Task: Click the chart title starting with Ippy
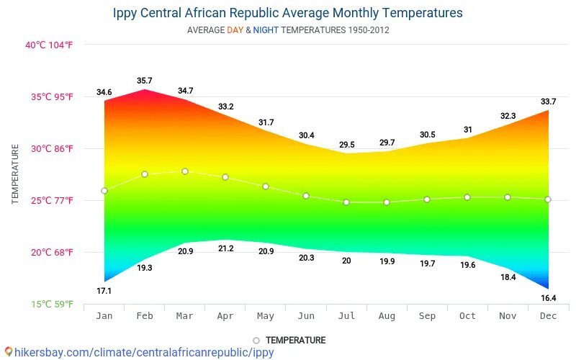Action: (x=288, y=13)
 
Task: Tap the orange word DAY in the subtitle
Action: (x=235, y=30)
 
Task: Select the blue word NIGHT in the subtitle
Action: (x=266, y=30)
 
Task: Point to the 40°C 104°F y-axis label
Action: (x=49, y=45)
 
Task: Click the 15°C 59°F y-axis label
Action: (x=52, y=304)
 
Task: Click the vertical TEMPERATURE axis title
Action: (x=15, y=174)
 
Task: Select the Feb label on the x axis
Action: (x=145, y=316)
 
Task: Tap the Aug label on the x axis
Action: (x=387, y=316)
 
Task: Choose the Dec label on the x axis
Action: (x=548, y=316)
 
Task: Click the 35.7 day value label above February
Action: (x=145, y=81)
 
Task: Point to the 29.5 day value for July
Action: (x=346, y=145)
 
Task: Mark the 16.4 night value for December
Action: (x=548, y=298)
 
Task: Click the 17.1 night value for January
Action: (x=104, y=291)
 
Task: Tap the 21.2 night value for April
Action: (x=225, y=248)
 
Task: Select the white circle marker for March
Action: (x=185, y=171)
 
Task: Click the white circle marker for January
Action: (x=104, y=191)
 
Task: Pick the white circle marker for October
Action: (x=467, y=197)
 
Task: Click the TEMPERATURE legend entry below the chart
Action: (x=289, y=340)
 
